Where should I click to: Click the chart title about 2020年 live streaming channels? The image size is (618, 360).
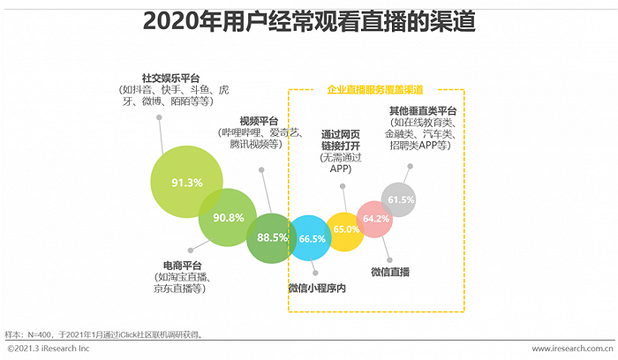[309, 21]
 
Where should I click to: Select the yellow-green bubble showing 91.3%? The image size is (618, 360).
[186, 183]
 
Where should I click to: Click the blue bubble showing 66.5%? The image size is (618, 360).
[313, 238]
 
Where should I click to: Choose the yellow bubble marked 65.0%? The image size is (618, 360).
[345, 229]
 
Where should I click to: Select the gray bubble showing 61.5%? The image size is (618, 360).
[400, 199]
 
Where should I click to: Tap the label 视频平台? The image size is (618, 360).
[259, 120]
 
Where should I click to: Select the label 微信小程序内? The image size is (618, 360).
[316, 288]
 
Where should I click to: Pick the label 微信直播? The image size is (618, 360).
[390, 271]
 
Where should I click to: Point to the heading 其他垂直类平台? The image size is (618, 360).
[423, 111]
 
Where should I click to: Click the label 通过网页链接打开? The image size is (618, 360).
[339, 139]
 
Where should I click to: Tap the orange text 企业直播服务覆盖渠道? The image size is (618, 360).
[375, 90]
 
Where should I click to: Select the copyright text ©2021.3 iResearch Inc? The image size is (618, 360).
[49, 350]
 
